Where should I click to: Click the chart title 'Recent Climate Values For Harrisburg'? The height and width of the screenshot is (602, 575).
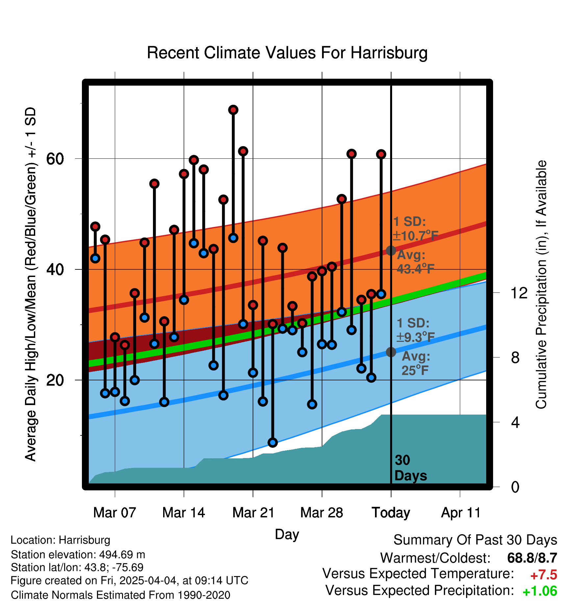point(287,53)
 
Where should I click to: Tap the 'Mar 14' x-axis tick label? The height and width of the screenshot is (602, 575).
point(184,513)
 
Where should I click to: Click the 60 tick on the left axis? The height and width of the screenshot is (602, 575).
point(55,159)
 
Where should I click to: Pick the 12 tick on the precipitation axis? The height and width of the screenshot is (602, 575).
point(519,293)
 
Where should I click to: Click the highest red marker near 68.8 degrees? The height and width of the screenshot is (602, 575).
point(233,110)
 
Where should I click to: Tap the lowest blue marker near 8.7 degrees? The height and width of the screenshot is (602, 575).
point(273,442)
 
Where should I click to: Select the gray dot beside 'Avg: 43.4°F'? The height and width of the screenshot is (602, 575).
point(391,251)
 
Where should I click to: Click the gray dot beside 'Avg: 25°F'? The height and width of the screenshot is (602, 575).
point(391,352)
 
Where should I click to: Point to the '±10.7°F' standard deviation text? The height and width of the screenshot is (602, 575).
point(416,236)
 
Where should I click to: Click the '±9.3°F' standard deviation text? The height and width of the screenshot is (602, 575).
point(416,337)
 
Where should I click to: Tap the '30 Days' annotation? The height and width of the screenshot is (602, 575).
point(411,468)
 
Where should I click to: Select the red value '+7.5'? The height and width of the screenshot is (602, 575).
point(543,575)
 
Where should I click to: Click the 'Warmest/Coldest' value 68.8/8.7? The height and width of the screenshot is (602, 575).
point(532,558)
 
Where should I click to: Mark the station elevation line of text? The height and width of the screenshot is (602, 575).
point(78,555)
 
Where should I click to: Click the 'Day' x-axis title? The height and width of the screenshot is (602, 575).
point(287,534)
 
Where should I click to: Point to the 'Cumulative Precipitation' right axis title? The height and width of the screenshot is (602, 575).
point(541,285)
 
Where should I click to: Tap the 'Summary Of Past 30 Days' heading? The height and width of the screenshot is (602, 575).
point(475,540)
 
